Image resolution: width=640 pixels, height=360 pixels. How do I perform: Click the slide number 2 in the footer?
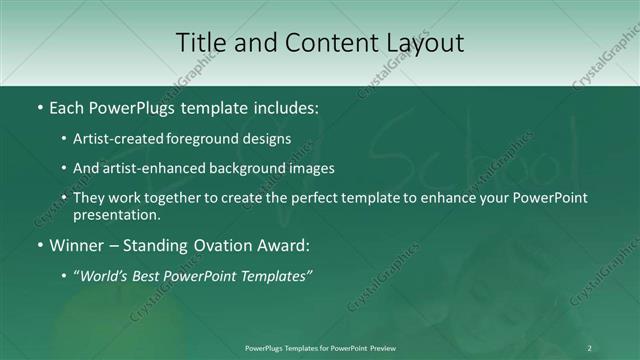point(589,347)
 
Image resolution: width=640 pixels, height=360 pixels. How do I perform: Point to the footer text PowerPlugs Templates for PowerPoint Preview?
point(320,347)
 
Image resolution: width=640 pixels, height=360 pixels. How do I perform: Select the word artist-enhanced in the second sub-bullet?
point(152,168)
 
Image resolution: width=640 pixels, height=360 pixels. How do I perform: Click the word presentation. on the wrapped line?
point(116,214)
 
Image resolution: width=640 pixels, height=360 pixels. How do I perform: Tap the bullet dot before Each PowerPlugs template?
point(39,106)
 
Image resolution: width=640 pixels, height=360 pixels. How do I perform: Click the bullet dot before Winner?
point(39,244)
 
